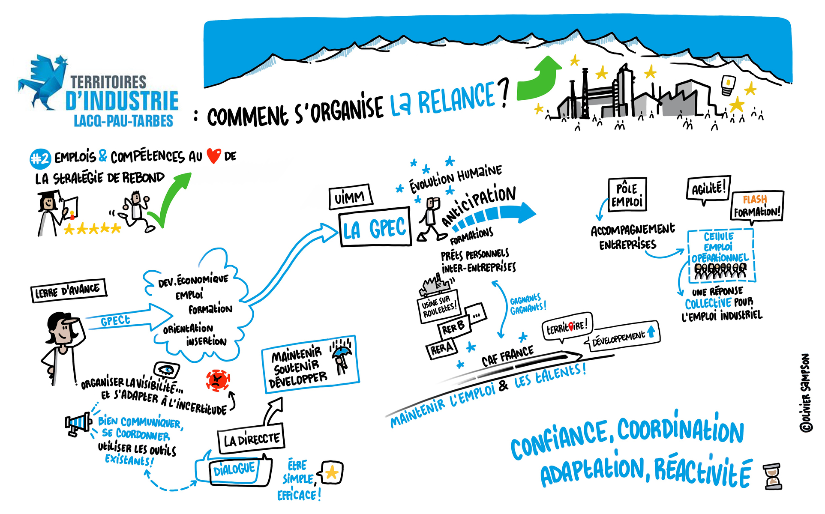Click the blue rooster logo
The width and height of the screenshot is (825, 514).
tap(43, 81)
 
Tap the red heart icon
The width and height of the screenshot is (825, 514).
tap(213, 156)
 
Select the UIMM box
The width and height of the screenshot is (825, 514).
tap(350, 198)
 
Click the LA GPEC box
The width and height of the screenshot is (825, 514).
tap(375, 229)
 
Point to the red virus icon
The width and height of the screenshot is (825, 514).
tap(218, 380)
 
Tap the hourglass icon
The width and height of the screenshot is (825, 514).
tap(773, 476)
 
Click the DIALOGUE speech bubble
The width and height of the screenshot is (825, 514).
tap(234, 470)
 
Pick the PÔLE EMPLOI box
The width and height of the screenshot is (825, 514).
tap(627, 195)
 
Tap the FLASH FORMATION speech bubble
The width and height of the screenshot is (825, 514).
tap(757, 206)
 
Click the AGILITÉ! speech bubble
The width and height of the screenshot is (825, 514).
tap(708, 188)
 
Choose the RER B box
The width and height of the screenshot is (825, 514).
tap(454, 328)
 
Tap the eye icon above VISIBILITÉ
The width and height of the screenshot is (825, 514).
tap(166, 369)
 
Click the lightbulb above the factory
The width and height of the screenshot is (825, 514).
tap(728, 85)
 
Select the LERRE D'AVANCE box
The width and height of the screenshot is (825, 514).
tap(69, 291)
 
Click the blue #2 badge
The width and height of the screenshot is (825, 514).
tap(40, 158)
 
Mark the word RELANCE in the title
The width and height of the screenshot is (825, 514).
tap(456, 98)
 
